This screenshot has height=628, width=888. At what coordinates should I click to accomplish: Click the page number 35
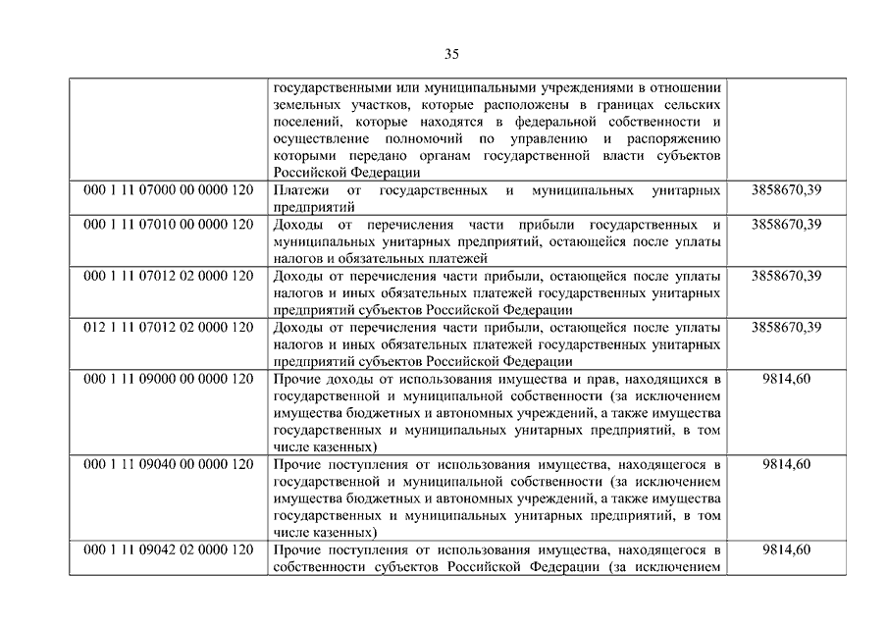451,53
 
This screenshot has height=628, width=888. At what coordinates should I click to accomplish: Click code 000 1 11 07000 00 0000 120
169,189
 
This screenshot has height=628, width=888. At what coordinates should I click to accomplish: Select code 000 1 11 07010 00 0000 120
169,225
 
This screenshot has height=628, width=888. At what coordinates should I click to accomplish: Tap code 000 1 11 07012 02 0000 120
169,276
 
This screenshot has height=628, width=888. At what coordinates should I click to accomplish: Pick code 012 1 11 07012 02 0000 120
169,327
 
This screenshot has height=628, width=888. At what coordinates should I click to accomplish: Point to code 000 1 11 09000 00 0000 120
169,378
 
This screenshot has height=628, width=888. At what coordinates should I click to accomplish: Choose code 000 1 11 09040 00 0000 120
169,463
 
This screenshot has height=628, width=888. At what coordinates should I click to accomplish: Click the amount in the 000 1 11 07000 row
786,189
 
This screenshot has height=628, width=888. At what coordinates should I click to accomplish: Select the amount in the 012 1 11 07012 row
786,327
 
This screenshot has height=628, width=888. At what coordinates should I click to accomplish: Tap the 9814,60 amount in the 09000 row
786,378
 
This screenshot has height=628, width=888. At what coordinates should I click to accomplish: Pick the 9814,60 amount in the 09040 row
786,463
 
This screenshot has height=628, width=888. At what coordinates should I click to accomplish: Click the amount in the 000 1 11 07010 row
786,225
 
